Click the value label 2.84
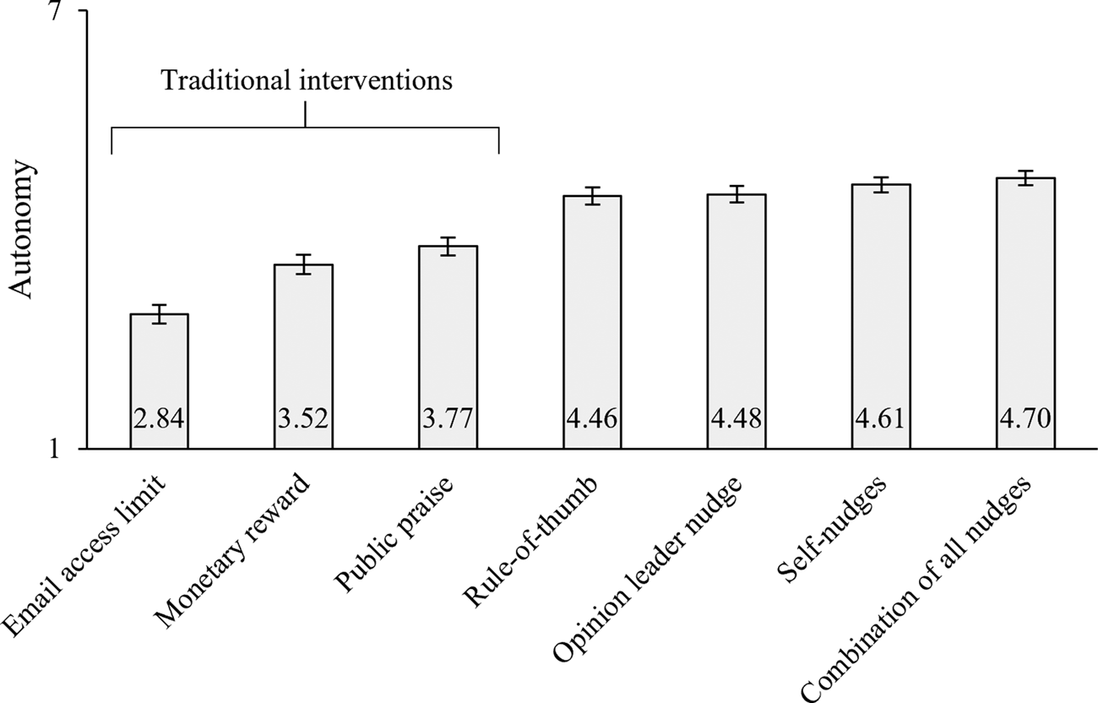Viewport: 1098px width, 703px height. click(x=159, y=419)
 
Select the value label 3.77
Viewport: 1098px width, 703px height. click(x=448, y=419)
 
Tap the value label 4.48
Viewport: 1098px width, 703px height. click(x=737, y=419)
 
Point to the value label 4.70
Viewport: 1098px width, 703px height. click(x=1025, y=419)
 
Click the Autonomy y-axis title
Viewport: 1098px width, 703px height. click(x=24, y=230)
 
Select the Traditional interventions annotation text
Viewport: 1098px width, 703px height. click(x=307, y=81)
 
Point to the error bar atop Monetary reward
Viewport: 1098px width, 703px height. click(x=303, y=264)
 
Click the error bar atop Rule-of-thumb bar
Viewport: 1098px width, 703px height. click(x=592, y=196)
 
